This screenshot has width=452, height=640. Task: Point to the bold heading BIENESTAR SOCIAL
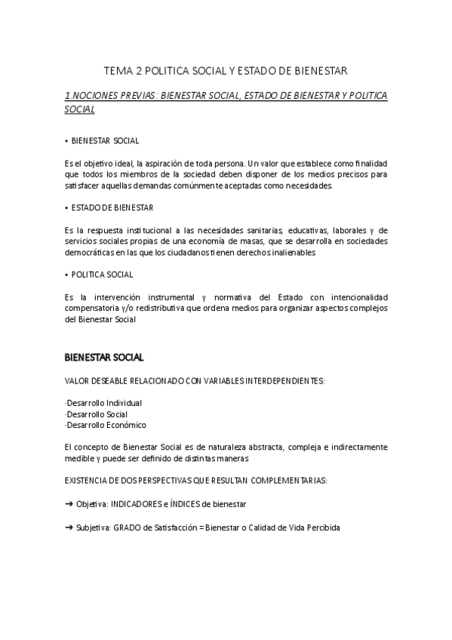[x=104, y=357]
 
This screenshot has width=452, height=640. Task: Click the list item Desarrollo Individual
[x=103, y=403]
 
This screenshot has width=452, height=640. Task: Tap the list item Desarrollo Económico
[x=106, y=425]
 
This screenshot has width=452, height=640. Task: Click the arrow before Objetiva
[x=70, y=503]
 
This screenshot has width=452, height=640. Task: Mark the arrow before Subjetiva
[x=70, y=528]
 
